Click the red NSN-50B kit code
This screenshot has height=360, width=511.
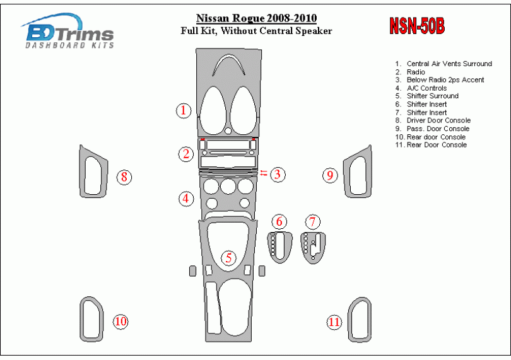417,25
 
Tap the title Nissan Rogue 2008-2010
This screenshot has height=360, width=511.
257,18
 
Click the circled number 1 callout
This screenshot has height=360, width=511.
184,110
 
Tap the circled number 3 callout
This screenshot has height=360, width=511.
278,174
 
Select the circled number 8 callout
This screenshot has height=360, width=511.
124,177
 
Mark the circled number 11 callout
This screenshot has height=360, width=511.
334,322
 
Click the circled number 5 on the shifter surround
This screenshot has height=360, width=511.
229,258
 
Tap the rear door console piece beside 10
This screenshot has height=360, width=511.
81,319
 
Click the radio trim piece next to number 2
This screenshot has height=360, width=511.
228,154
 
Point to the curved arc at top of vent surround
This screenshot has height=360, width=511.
228,57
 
